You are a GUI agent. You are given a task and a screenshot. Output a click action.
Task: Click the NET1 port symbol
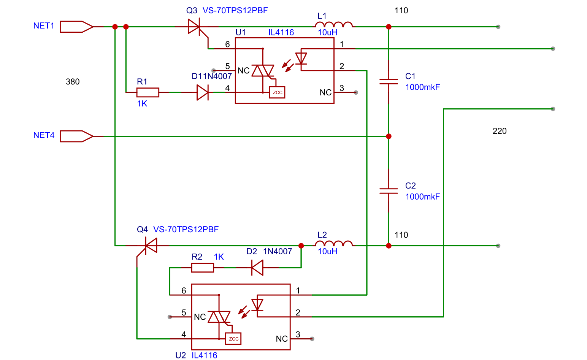[76, 27]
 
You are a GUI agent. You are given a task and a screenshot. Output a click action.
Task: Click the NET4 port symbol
[76, 136]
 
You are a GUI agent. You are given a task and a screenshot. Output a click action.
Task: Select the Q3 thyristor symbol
[197, 29]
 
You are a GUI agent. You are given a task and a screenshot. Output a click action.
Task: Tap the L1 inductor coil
[333, 25]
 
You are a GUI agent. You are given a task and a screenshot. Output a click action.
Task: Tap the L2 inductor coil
[333, 244]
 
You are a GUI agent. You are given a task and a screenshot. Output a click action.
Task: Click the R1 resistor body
[148, 92]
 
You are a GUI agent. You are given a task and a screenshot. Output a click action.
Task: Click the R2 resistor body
[203, 268]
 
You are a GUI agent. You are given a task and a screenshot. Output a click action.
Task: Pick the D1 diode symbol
[203, 92]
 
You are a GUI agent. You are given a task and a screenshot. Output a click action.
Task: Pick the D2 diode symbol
[257, 268]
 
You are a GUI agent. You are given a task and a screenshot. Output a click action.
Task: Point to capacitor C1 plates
[389, 81]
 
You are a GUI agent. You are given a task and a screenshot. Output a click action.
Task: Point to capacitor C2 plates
[389, 191]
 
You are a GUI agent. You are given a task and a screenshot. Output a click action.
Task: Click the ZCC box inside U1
[277, 92]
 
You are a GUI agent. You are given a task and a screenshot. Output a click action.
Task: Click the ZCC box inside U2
[233, 339]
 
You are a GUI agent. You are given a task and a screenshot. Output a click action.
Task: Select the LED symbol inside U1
[301, 59]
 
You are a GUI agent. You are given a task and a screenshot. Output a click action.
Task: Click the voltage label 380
[73, 82]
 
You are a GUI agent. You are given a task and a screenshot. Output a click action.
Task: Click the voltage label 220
[500, 131]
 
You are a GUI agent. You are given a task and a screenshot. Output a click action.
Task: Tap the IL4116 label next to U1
[281, 32]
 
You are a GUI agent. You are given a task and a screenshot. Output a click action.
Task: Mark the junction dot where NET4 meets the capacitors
[389, 136]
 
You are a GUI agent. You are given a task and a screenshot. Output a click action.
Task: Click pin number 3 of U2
[298, 334]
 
